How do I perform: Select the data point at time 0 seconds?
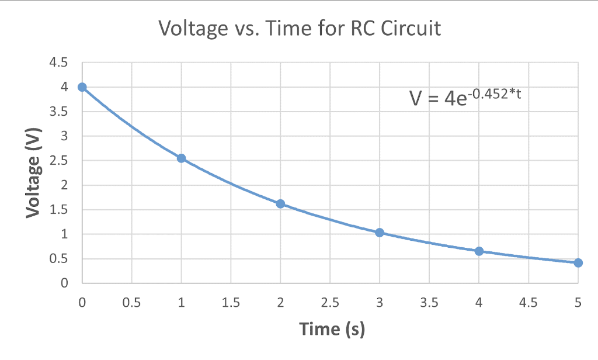pos(82,87)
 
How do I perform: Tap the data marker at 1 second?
pos(182,158)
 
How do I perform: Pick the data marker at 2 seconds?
pos(280,204)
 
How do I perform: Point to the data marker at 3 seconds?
pos(380,233)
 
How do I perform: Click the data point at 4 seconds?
pos(479,251)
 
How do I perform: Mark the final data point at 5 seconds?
pos(578,263)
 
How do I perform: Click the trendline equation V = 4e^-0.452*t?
pos(465,96)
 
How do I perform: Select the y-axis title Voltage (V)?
pos(33,172)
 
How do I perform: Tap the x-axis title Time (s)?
pos(332,329)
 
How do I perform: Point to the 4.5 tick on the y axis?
pos(60,63)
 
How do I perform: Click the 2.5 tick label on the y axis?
pos(60,161)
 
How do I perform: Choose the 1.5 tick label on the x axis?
pos(231,303)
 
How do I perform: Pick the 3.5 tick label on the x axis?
pos(429,303)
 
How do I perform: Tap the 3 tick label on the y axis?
pos(64,136)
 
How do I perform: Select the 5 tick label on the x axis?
pos(578,303)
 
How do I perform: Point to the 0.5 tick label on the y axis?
pos(60,259)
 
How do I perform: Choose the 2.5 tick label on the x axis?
pos(330,303)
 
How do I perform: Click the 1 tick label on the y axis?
pos(64,234)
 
